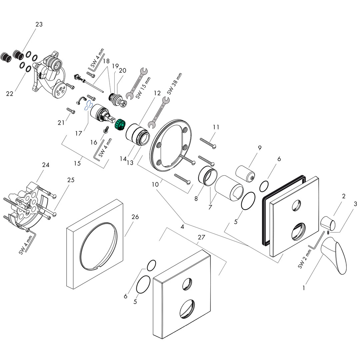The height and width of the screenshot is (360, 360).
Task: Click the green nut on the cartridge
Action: (x=120, y=125)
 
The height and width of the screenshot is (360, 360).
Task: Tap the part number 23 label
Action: (x=39, y=24)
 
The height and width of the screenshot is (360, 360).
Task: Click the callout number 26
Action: (x=135, y=217)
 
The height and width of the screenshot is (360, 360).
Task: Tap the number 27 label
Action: (x=201, y=237)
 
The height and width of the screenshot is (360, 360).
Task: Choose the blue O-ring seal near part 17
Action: (x=88, y=106)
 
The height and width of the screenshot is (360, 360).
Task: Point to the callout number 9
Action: (x=259, y=147)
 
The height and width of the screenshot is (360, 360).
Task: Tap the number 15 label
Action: (x=77, y=163)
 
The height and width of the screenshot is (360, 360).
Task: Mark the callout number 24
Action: (x=46, y=165)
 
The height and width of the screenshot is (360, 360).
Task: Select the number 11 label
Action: (x=216, y=127)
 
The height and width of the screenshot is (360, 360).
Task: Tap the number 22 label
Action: (x=10, y=94)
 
